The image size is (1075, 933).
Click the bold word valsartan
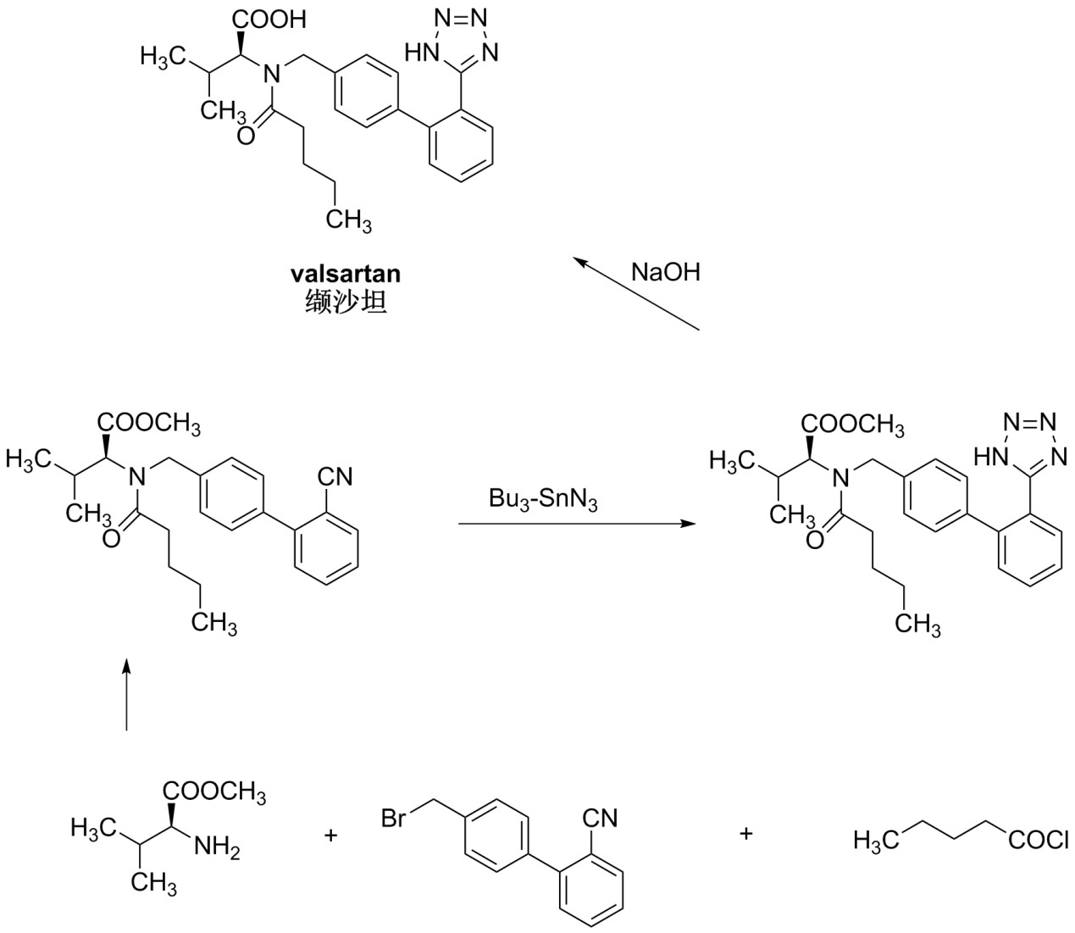click(345, 274)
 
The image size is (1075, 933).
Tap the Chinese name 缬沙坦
click(345, 302)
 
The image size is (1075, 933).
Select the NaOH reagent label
click(666, 273)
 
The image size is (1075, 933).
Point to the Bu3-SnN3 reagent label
click(543, 499)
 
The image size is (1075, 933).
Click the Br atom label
click(394, 819)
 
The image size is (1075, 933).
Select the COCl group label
click(1038, 841)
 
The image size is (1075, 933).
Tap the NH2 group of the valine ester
click(217, 846)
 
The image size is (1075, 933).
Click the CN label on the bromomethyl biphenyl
click(600, 818)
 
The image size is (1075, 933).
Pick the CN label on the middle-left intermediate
click(335, 476)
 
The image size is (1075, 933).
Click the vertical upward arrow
click(126, 694)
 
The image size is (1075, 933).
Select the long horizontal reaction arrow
click(576, 525)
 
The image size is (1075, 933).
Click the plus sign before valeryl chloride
click(746, 834)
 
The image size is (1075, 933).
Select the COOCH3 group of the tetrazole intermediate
click(854, 424)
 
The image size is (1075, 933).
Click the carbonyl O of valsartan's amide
click(245, 136)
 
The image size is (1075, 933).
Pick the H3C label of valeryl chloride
click(872, 841)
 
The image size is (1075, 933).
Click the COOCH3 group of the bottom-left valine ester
click(215, 793)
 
